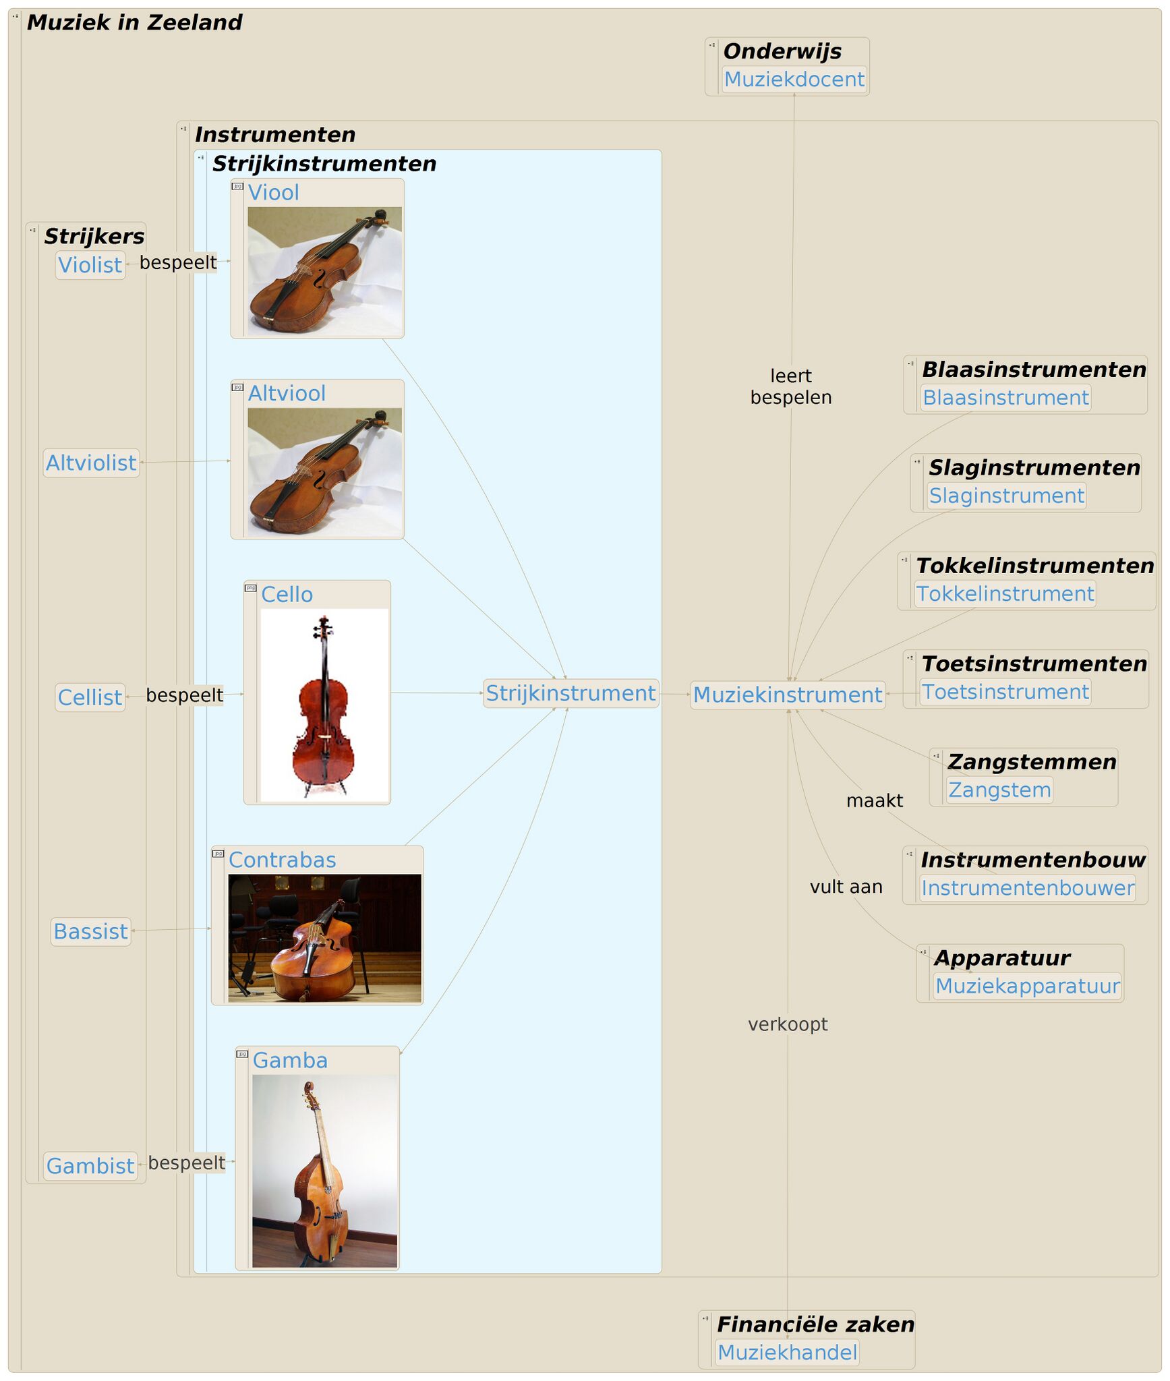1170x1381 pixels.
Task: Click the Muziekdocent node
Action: point(794,80)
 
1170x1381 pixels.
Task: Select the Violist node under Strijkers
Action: point(90,265)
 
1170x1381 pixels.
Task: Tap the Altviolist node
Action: point(91,463)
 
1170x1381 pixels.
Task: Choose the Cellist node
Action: point(90,697)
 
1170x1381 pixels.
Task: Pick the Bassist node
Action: point(90,931)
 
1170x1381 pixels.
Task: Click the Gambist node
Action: point(90,1166)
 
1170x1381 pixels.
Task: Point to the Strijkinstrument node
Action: point(571,693)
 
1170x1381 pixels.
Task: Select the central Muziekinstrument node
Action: point(787,695)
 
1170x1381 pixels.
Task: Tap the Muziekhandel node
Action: point(786,1352)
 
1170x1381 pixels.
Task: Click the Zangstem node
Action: point(999,790)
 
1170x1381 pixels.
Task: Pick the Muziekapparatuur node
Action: point(1027,986)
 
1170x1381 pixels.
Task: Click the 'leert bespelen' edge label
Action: point(790,386)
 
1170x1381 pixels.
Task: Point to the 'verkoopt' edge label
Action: point(787,1024)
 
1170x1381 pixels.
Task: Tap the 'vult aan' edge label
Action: point(846,887)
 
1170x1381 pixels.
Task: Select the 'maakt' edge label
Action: point(874,800)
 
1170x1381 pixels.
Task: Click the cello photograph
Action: point(324,705)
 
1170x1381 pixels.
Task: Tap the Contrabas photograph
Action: point(324,938)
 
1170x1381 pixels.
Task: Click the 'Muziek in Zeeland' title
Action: point(134,23)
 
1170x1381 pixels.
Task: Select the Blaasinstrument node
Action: point(1005,398)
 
